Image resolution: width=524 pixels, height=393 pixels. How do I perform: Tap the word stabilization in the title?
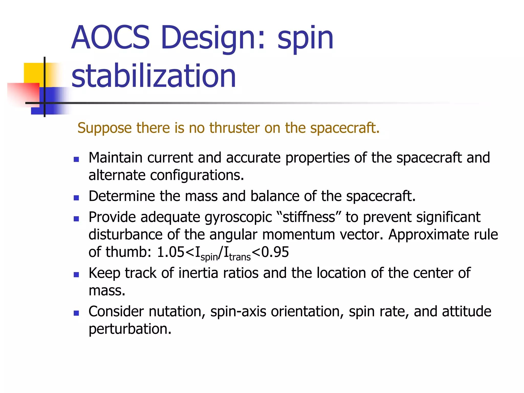(x=154, y=76)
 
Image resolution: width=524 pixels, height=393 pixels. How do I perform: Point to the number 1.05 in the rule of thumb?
(x=170, y=252)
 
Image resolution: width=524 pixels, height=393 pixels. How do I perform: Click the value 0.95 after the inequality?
(x=275, y=252)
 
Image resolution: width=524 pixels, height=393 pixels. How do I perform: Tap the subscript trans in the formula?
(x=240, y=257)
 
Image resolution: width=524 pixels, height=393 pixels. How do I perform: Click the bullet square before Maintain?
(x=76, y=160)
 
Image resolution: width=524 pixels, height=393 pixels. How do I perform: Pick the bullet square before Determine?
(x=76, y=198)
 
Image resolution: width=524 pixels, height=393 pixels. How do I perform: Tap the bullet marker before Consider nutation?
(x=76, y=313)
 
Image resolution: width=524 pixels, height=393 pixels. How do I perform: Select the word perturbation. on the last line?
(x=130, y=329)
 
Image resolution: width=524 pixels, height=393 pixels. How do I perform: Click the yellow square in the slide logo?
(x=33, y=72)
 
